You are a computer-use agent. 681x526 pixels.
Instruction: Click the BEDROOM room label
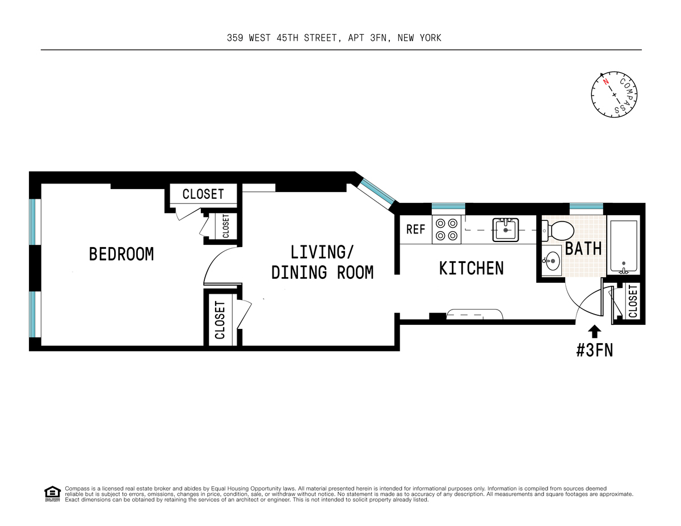pyautogui.click(x=121, y=254)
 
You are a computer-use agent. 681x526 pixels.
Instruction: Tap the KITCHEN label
pyautogui.click(x=471, y=268)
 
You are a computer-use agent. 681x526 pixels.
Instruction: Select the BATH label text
pyautogui.click(x=583, y=249)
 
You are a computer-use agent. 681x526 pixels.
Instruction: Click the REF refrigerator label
pyautogui.click(x=415, y=230)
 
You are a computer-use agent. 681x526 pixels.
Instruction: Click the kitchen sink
pyautogui.click(x=506, y=230)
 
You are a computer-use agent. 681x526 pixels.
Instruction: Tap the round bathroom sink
pyautogui.click(x=551, y=262)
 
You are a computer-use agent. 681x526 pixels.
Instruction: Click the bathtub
pyautogui.click(x=623, y=245)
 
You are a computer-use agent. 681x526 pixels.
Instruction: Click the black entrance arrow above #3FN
pyautogui.click(x=594, y=331)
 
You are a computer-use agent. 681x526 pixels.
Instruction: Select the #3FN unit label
pyautogui.click(x=594, y=350)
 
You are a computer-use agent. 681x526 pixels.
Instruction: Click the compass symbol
pyautogui.click(x=615, y=94)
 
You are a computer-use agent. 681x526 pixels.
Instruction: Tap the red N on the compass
pyautogui.click(x=606, y=82)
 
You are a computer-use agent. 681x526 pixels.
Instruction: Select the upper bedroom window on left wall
pyautogui.click(x=35, y=222)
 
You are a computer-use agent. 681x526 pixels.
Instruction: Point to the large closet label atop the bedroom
pyautogui.click(x=203, y=194)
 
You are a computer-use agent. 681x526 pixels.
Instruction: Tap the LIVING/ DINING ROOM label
pyautogui.click(x=322, y=262)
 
